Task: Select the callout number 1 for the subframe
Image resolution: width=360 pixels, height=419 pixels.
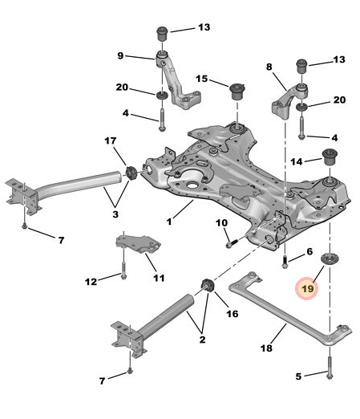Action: [x=169, y=219]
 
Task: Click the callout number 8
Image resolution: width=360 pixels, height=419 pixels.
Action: [x=269, y=68]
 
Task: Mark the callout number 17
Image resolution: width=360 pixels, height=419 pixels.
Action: [x=111, y=141]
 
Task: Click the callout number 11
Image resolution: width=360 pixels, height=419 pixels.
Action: [x=159, y=278]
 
